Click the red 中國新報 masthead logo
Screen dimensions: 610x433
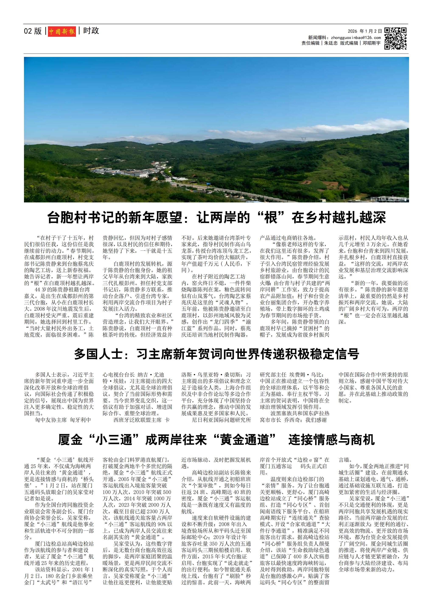62,31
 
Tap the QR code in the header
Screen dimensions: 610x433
395,38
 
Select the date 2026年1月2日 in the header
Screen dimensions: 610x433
364,31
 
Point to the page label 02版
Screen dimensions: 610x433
33,31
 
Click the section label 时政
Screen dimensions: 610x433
91,31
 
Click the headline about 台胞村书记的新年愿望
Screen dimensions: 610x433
216,217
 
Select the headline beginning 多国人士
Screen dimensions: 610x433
216,354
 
